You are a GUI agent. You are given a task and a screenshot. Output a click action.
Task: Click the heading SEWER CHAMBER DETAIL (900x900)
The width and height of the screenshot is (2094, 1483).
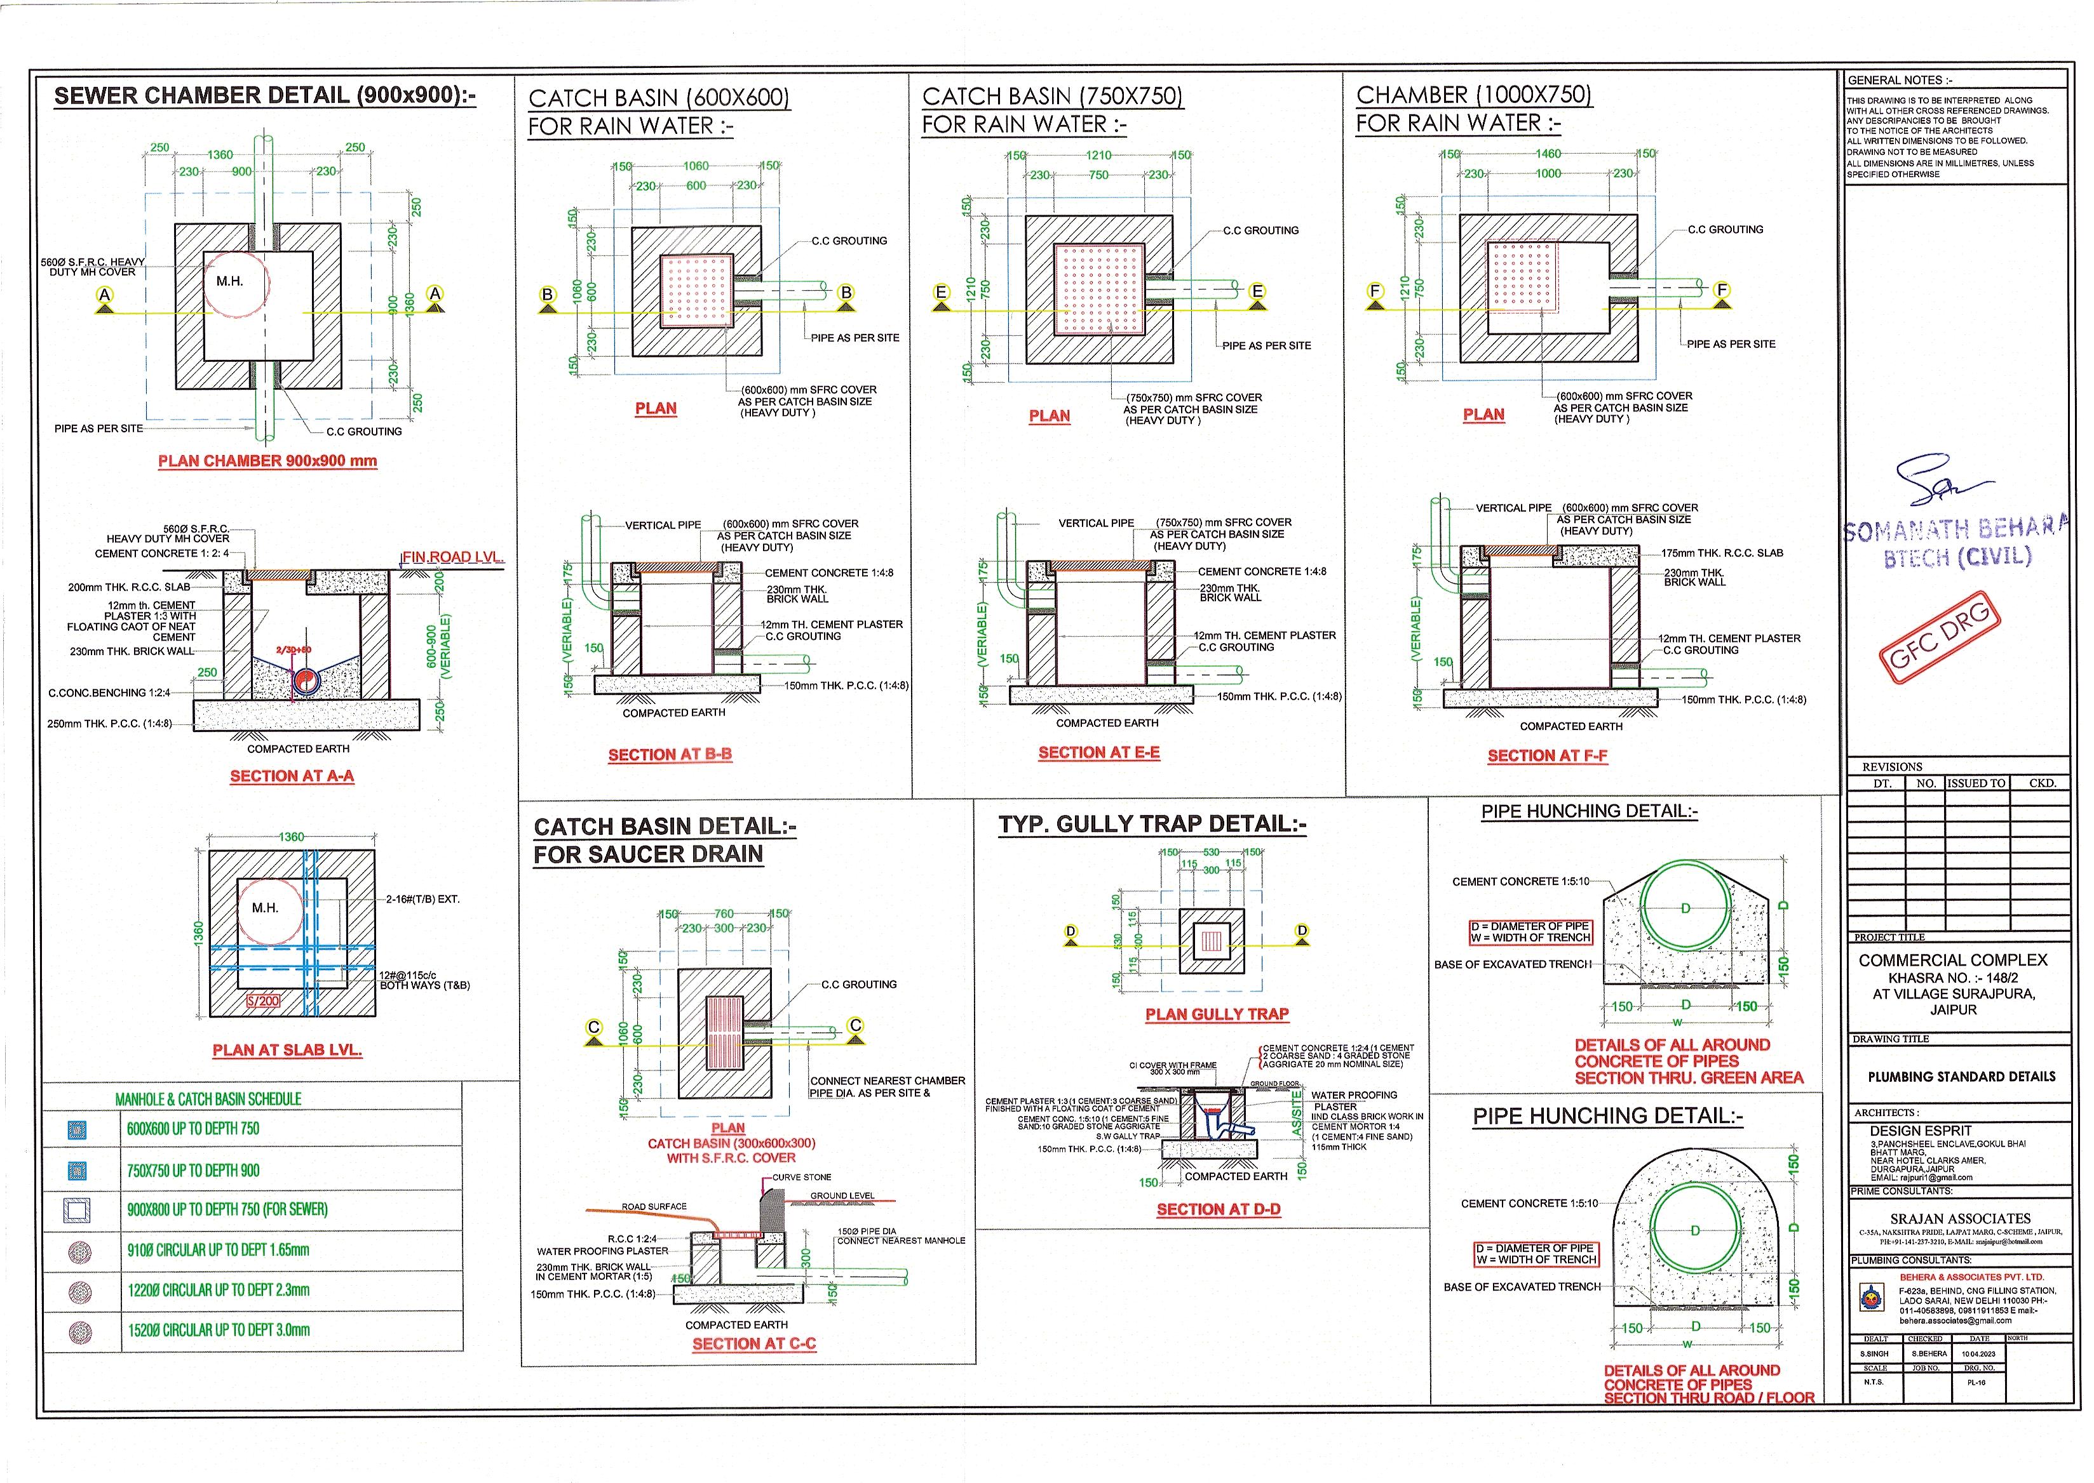point(265,96)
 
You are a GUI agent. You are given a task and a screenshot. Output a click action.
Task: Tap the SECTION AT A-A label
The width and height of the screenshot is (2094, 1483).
point(292,776)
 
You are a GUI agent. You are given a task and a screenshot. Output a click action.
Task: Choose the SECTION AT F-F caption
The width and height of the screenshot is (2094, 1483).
point(1547,756)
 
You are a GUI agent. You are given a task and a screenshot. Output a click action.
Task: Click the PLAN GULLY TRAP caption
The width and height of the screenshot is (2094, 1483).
point(1217,1014)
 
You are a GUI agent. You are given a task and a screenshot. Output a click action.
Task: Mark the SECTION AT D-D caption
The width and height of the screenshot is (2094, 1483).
point(1218,1210)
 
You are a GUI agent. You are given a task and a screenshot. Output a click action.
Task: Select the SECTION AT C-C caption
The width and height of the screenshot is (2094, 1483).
point(753,1344)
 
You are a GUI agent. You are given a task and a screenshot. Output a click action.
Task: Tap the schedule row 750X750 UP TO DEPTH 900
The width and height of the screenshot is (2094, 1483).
point(193,1171)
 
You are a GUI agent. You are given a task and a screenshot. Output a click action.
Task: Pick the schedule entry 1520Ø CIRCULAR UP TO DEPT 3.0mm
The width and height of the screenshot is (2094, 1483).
point(219,1331)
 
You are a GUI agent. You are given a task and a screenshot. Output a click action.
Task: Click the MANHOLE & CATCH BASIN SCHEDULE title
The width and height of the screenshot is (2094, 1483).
point(208,1100)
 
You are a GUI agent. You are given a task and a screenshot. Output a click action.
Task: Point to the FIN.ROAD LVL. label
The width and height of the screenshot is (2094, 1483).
point(453,557)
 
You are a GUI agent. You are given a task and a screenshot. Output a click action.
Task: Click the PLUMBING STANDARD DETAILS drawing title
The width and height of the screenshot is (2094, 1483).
point(1961,1077)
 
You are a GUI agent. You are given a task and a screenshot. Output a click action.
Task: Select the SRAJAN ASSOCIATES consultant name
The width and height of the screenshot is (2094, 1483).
point(1961,1219)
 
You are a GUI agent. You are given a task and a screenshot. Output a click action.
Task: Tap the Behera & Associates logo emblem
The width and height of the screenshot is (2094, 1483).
point(1871,1297)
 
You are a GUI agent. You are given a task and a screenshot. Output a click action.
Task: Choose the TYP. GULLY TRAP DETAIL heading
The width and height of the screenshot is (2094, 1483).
point(1152,825)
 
